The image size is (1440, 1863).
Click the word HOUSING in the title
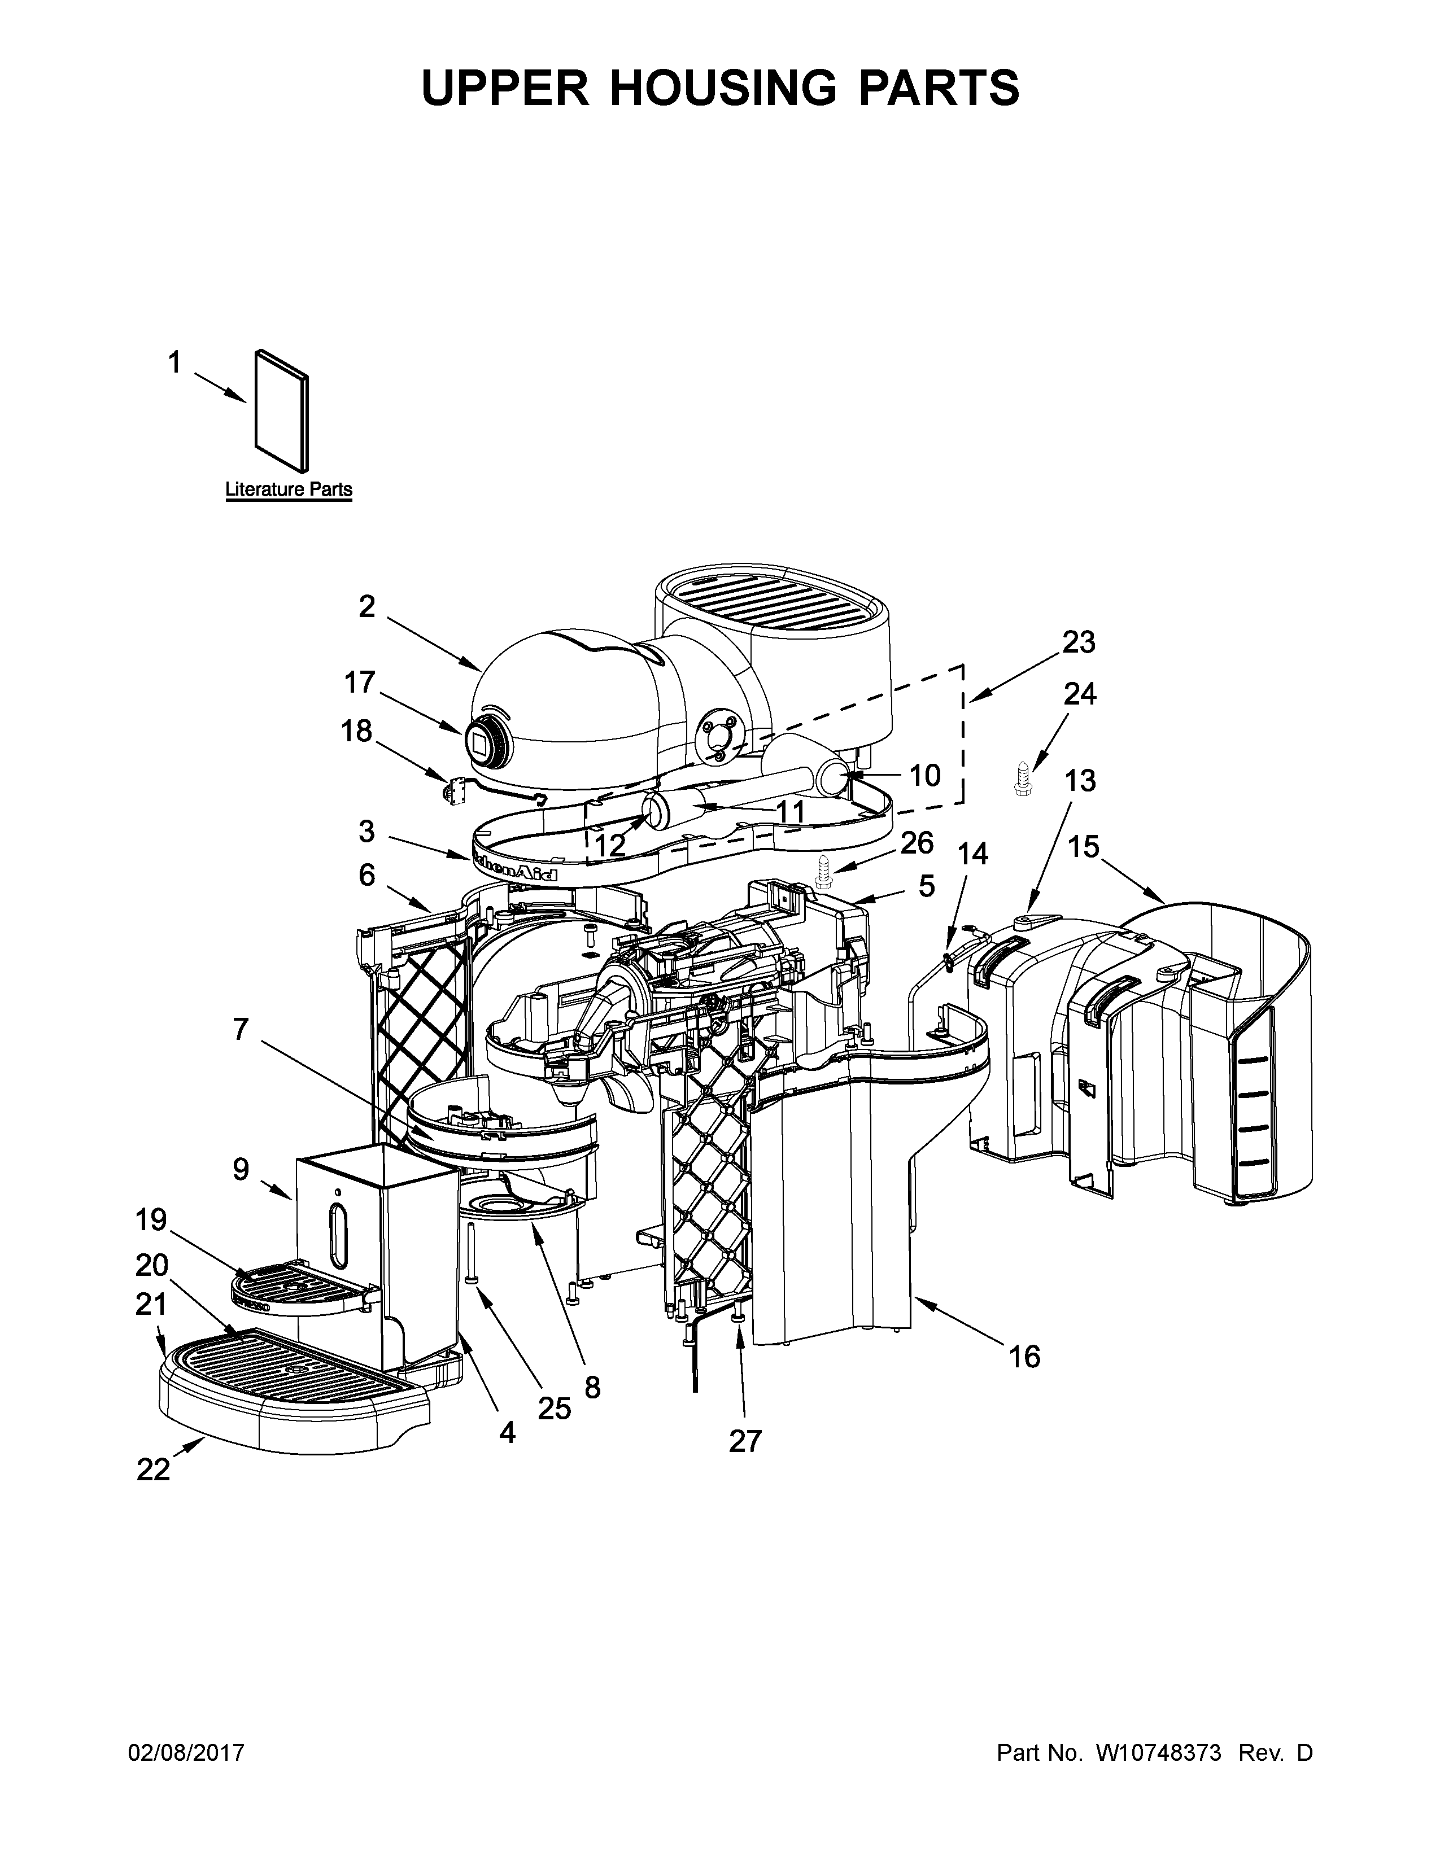click(x=723, y=88)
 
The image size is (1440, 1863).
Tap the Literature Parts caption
click(x=289, y=489)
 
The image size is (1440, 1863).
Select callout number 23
click(x=1078, y=642)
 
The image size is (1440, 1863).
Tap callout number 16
click(x=1024, y=1356)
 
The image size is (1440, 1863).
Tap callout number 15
click(x=1084, y=847)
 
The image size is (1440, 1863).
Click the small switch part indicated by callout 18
click(x=452, y=791)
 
